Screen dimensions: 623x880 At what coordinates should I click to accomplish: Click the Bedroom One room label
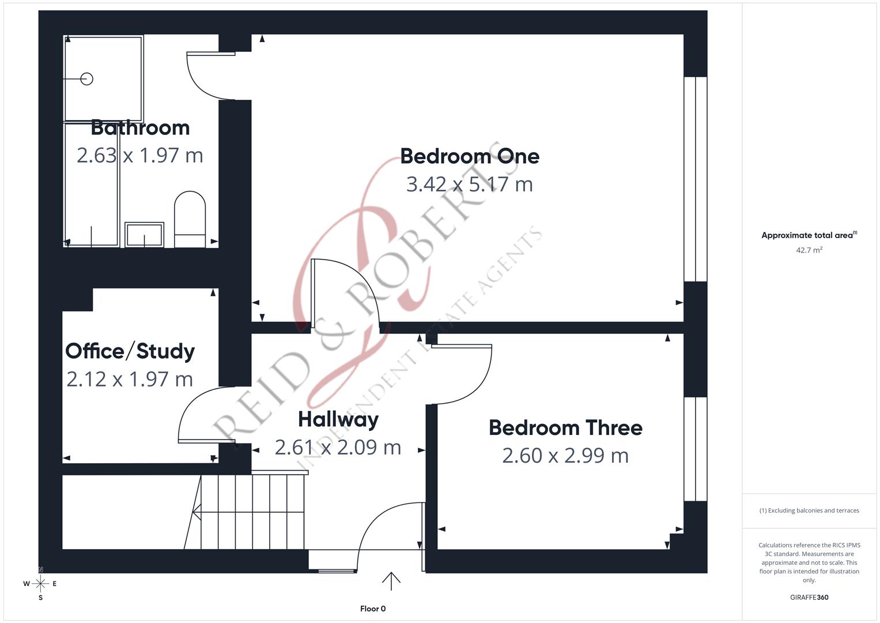tap(470, 156)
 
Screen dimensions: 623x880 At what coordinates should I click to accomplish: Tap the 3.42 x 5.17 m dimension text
tap(469, 185)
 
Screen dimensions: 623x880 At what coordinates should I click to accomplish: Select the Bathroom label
tap(140, 127)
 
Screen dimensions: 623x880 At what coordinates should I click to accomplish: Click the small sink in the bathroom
tap(144, 235)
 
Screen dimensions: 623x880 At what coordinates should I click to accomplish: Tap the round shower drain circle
tap(87, 79)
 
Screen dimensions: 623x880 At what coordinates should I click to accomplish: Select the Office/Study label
tap(130, 351)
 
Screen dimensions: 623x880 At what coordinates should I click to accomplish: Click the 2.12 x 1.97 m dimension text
tap(130, 379)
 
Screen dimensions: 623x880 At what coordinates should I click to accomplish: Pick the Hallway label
tap(338, 419)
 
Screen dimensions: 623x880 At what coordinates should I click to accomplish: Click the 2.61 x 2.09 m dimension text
tap(338, 447)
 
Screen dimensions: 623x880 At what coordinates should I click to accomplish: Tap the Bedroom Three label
tap(565, 427)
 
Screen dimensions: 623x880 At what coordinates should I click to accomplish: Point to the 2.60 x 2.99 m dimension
tap(565, 456)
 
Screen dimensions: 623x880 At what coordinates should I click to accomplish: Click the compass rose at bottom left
tap(40, 584)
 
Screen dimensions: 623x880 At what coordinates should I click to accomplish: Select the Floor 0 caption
tap(373, 609)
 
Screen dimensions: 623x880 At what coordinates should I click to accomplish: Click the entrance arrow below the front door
tap(391, 581)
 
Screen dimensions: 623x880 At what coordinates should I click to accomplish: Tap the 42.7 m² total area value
tap(809, 250)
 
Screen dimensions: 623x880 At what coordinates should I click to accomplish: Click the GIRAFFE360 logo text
tap(809, 598)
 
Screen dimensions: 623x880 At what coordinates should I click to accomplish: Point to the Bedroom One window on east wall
tap(696, 179)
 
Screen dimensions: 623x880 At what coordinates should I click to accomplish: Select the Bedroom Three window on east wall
tap(696, 449)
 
